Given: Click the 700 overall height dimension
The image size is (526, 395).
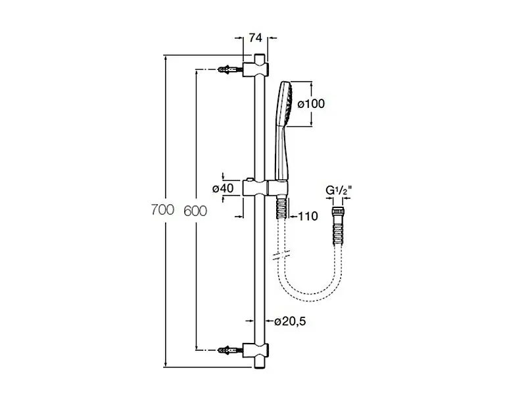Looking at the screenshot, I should [x=160, y=211].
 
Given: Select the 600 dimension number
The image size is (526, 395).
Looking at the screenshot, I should [x=196, y=211].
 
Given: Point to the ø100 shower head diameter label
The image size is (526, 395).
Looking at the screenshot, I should [x=311, y=103].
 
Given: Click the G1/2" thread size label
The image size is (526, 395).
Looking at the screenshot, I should [x=340, y=192].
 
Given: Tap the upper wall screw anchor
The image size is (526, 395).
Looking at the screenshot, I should [x=226, y=69].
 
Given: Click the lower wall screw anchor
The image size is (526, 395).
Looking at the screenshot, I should [x=226, y=350].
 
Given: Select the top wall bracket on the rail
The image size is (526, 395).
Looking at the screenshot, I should [x=255, y=68].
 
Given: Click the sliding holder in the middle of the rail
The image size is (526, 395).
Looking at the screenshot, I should [x=260, y=187].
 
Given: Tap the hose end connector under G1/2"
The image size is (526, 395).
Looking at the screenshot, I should [x=340, y=211].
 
